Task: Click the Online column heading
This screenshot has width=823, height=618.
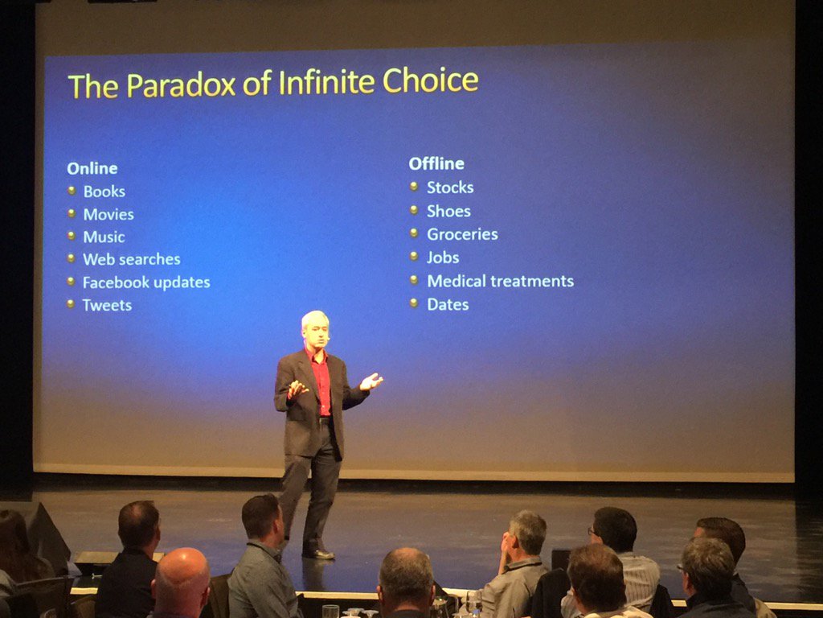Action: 92,168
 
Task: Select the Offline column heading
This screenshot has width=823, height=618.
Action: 436,163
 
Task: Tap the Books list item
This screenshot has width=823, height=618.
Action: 104,192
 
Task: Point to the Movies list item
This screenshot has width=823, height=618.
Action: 108,214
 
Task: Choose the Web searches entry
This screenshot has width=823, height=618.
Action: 131,259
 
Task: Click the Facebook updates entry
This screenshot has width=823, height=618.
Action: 145,282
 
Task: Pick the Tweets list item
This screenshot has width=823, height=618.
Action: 107,305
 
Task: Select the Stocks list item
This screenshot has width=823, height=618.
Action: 450,187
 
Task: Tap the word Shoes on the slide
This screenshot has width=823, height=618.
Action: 448,211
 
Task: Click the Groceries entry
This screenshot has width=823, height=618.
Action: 462,234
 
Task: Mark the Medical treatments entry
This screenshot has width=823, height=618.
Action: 500,281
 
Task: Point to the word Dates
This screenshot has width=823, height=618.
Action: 448,304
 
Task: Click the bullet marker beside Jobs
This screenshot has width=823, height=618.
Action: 413,257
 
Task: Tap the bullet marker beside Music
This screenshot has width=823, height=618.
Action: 70,237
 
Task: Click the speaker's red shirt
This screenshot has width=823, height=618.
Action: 321,382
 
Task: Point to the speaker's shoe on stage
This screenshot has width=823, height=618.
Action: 318,553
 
